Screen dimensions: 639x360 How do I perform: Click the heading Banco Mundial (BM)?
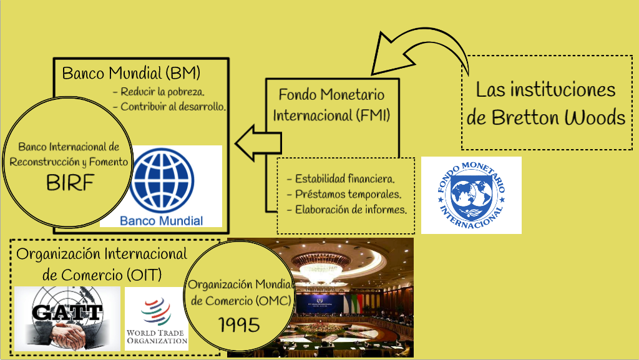pyautogui.click(x=131, y=73)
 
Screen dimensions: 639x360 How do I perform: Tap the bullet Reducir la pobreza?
pyautogui.click(x=159, y=92)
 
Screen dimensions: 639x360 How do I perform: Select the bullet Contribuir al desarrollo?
pyautogui.click(x=169, y=107)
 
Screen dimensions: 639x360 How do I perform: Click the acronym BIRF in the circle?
pyautogui.click(x=70, y=182)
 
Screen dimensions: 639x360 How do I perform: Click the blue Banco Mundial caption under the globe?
pyautogui.click(x=162, y=221)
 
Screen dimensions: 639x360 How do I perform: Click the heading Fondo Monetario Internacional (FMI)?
pyautogui.click(x=332, y=105)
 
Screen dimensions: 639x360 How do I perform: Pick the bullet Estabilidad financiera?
pyautogui.click(x=341, y=179)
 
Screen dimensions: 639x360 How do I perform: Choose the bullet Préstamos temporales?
pyautogui.click(x=344, y=194)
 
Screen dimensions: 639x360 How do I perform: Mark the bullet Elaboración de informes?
pyautogui.click(x=347, y=210)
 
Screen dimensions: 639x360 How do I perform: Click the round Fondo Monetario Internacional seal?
pyautogui.click(x=472, y=195)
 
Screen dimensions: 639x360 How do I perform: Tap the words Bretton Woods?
pyautogui.click(x=559, y=118)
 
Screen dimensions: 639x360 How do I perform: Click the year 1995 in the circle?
pyautogui.click(x=239, y=324)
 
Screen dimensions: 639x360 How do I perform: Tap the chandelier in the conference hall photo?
pyautogui.click(x=321, y=265)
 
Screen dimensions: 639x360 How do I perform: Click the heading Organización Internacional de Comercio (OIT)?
pyautogui.click(x=102, y=265)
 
